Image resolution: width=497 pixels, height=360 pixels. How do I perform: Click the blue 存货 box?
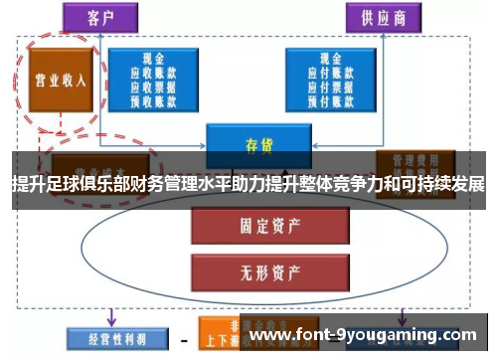tap(258, 144)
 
